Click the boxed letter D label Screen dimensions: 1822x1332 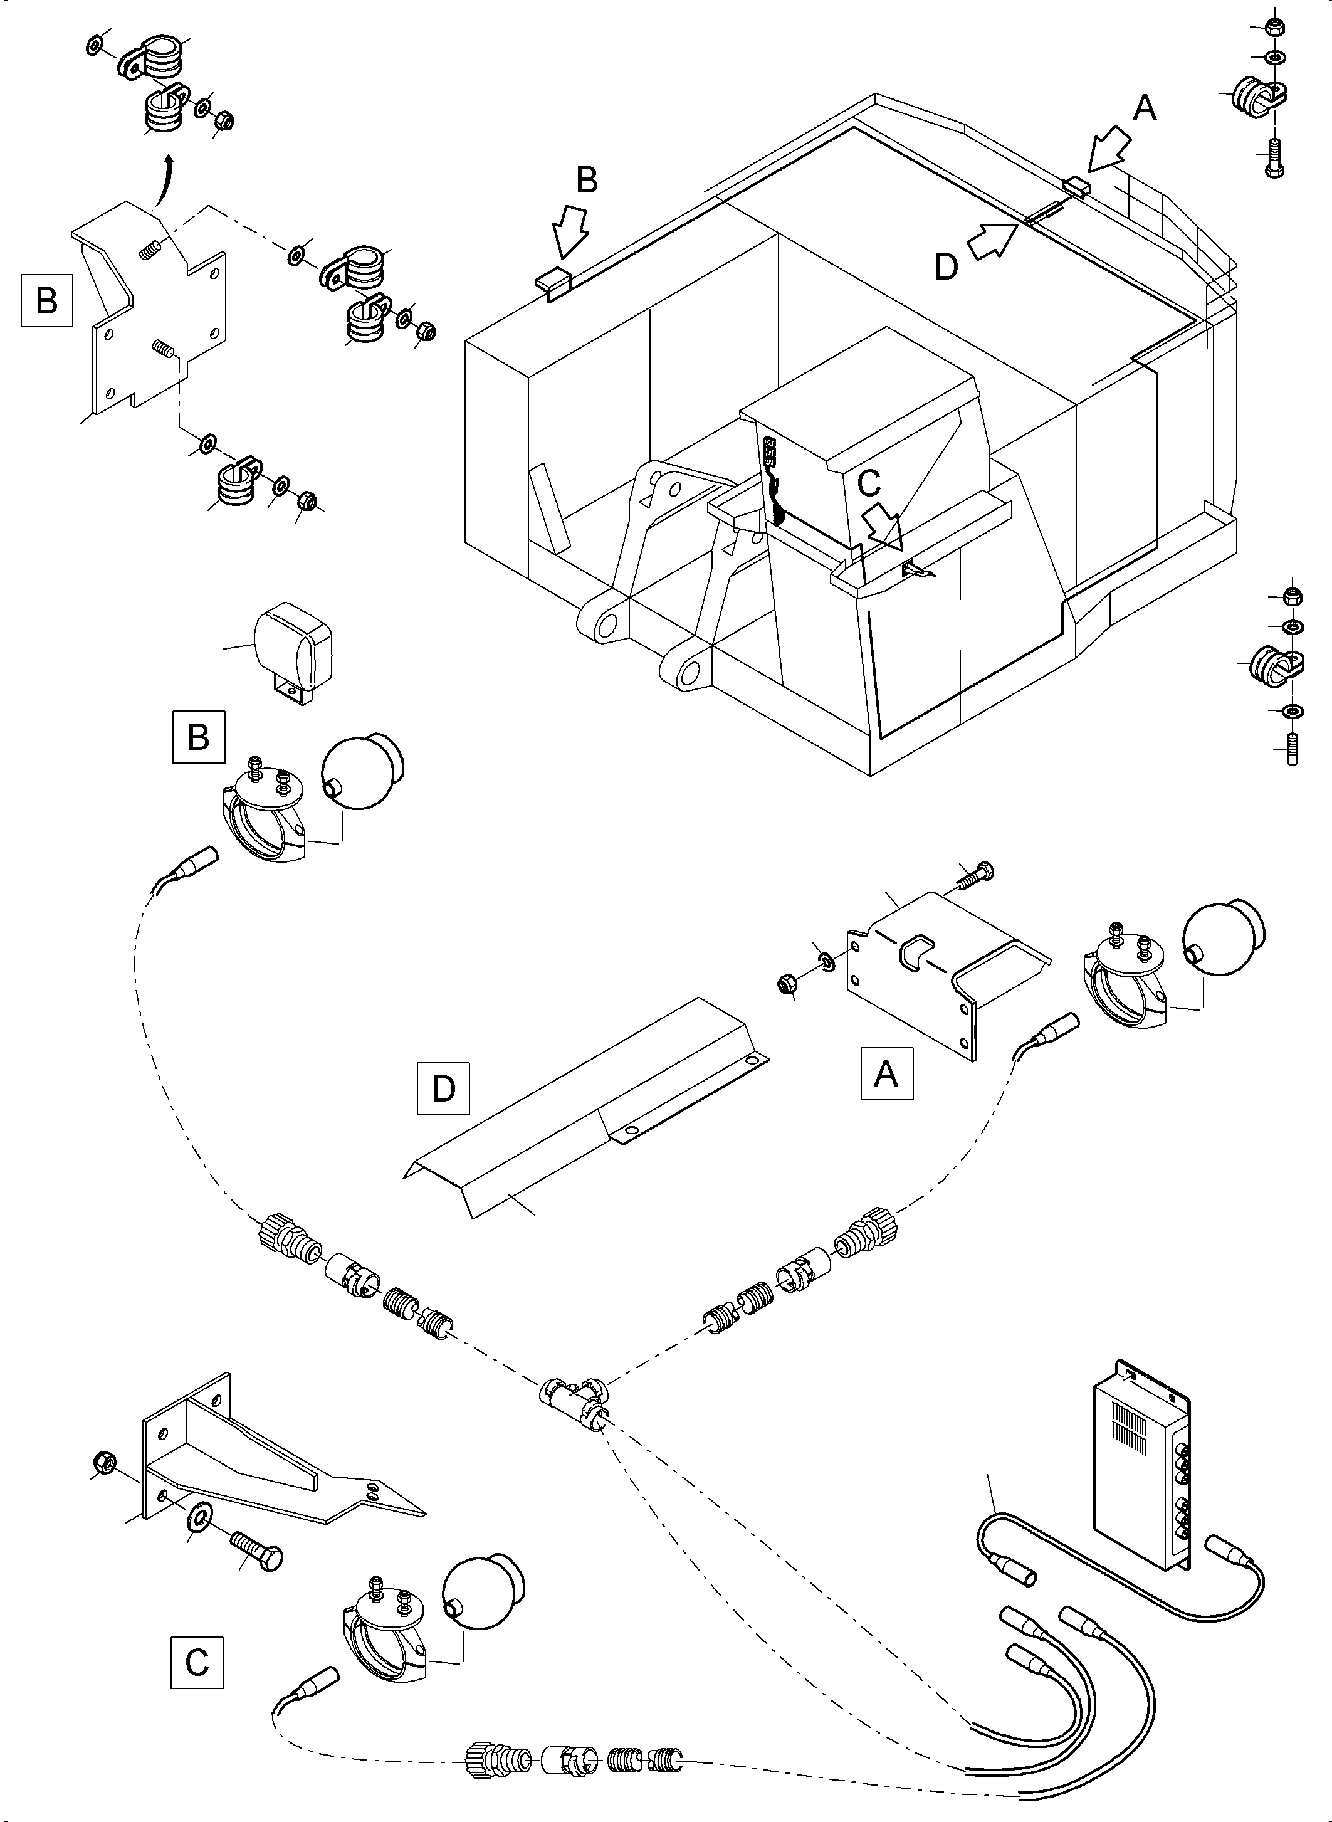[x=443, y=1089]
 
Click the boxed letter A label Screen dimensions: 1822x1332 [x=886, y=1073]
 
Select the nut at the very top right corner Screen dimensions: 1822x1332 [x=1276, y=26]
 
